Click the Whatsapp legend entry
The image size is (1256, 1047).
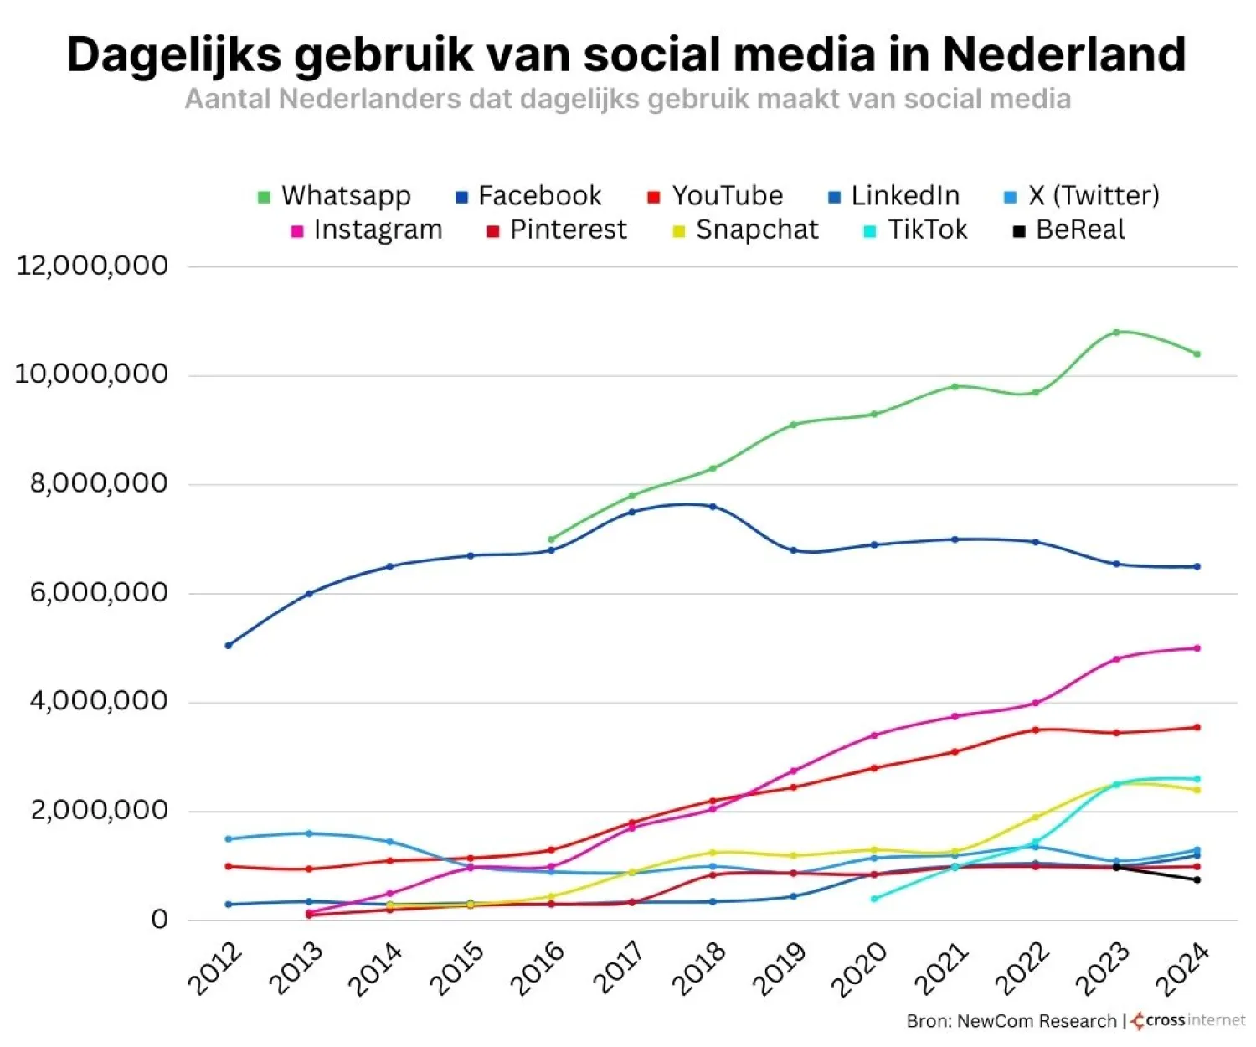coord(335,196)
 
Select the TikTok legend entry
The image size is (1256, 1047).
coord(916,230)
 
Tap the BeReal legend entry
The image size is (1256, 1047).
coord(1069,230)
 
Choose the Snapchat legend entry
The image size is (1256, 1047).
coord(746,230)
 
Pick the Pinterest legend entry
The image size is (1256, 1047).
coord(557,230)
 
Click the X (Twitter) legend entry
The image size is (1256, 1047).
coord(1082,196)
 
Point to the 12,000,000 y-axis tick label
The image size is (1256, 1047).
coord(92,266)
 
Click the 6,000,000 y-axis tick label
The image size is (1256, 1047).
coord(99,593)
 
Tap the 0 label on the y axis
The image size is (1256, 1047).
coord(159,920)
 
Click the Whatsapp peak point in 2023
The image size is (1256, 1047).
coord(1116,332)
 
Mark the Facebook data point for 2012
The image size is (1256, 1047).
coord(229,646)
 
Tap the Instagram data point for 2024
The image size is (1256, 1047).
coord(1197,648)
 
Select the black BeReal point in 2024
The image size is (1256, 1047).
coord(1197,879)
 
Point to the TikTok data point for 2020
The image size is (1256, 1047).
coord(874,899)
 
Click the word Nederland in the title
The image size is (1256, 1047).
coord(1063,55)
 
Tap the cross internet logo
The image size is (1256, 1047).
coord(1187,1021)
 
